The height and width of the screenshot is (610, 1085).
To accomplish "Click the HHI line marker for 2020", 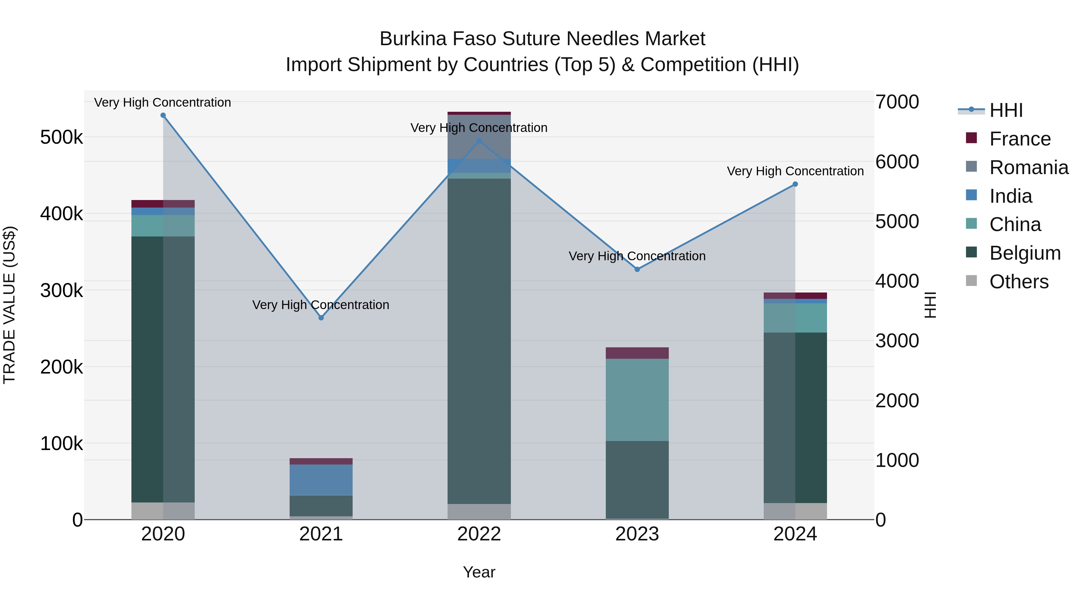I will point(163,115).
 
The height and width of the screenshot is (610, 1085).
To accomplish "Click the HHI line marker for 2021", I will point(321,318).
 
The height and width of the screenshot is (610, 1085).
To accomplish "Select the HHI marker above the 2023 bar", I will point(637,269).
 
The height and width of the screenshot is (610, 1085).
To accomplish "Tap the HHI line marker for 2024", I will point(795,184).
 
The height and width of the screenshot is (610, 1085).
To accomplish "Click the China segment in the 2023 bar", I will point(637,400).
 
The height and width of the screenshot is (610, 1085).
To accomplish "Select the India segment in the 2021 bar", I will point(321,480).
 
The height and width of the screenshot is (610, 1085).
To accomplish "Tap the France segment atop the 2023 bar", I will point(637,353).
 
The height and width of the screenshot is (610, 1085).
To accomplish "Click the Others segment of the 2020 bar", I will point(163,511).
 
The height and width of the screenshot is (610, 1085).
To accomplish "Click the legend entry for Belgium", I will point(1024,253).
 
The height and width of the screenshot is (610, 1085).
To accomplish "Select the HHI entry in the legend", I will point(1006,110).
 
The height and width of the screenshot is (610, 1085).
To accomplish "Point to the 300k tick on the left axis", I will point(61,290).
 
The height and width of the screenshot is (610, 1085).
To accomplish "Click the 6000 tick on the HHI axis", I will point(897,162).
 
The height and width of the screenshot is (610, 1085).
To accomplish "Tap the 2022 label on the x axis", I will point(479,534).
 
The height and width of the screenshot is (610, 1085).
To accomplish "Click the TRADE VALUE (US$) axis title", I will point(9,305).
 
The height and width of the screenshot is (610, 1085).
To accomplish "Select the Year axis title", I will point(479,572).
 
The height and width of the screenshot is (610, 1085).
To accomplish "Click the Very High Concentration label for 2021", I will point(321,305).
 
